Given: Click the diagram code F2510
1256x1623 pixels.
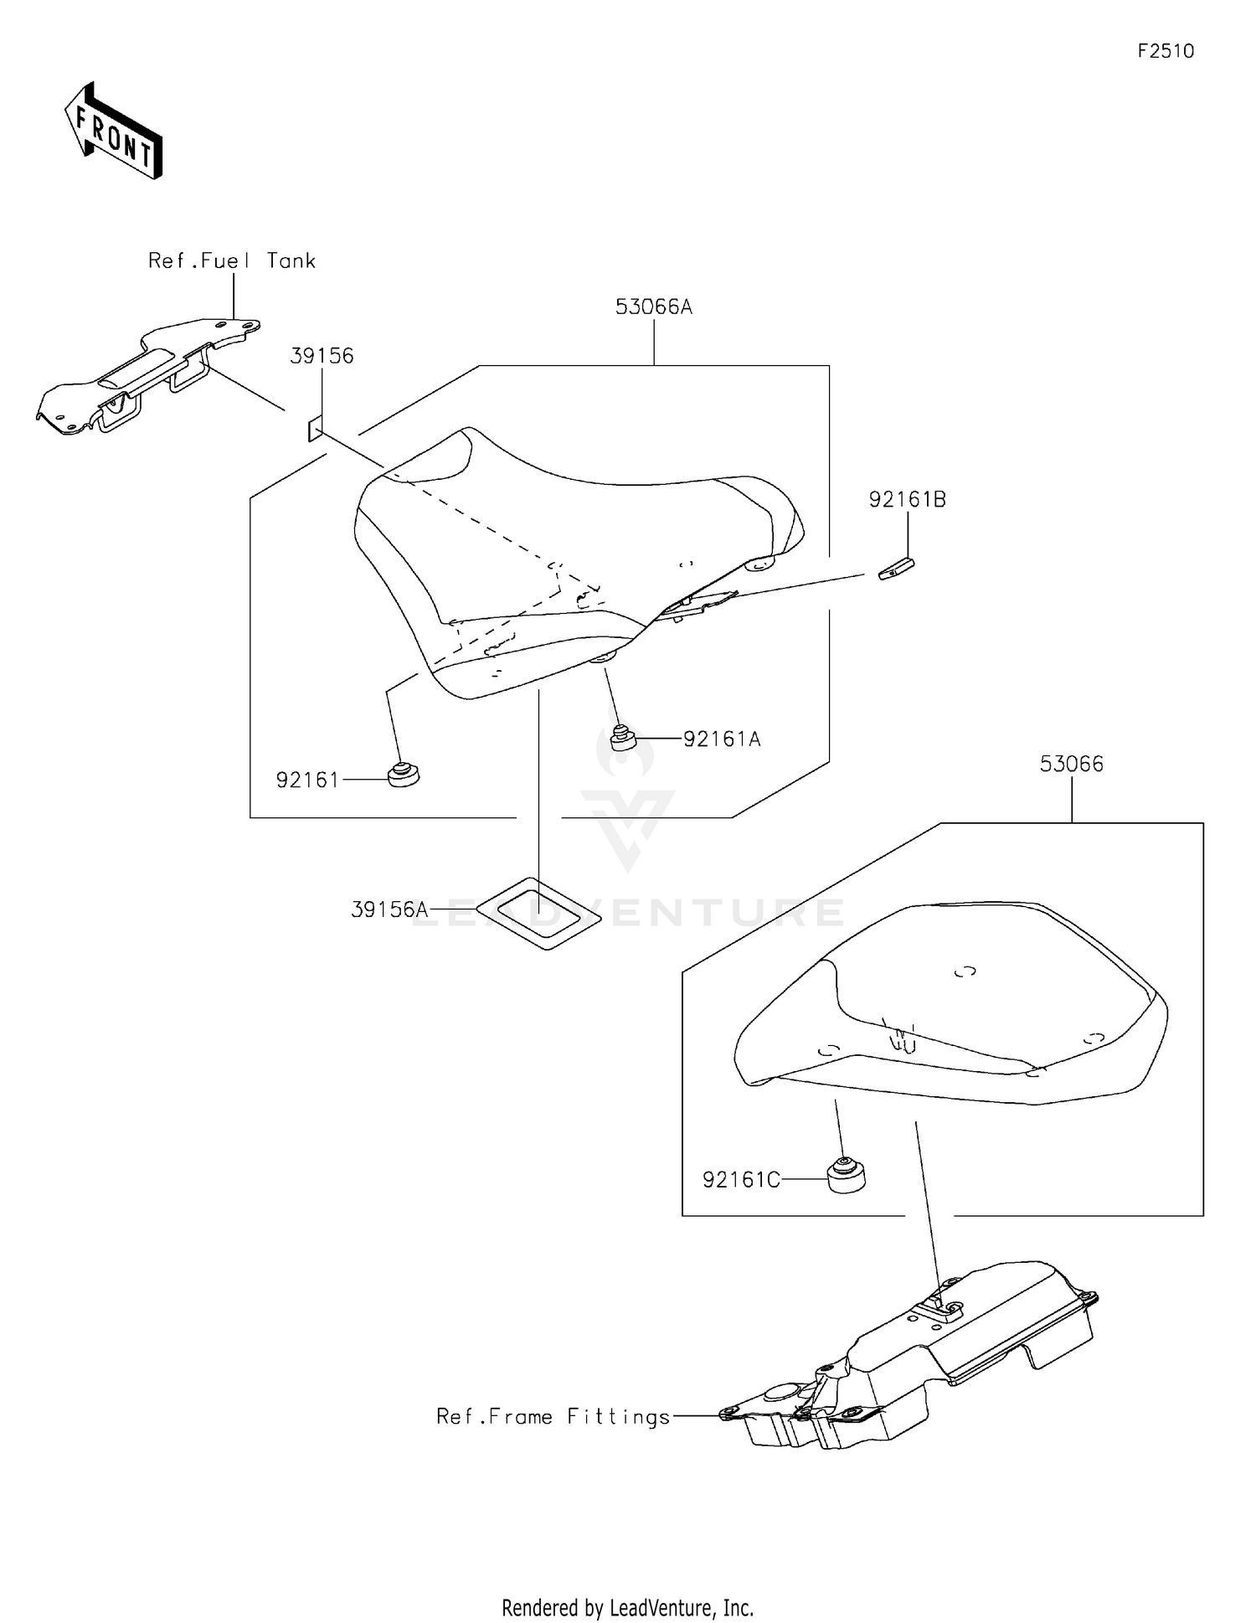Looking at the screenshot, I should click(1165, 51).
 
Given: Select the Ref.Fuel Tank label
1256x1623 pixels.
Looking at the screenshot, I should click(231, 260).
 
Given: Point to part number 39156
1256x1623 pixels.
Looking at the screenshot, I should click(322, 356).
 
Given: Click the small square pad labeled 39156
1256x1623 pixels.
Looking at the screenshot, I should click(313, 430).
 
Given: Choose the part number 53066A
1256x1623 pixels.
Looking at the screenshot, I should click(653, 307).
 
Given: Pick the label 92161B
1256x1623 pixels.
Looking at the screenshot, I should click(907, 500).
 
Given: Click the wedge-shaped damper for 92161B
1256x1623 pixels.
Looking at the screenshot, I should click(896, 569).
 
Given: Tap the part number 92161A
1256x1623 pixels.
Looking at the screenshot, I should click(722, 739).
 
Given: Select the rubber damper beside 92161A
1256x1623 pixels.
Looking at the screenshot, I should click(620, 739).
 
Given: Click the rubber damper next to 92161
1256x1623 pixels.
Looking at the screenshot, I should click(404, 775).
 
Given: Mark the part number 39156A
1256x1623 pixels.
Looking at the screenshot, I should click(389, 909).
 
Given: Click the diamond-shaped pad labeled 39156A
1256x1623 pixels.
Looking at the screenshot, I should click(539, 913).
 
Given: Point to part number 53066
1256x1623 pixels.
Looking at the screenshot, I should click(1071, 764).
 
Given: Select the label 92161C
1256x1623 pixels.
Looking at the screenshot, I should click(741, 1180).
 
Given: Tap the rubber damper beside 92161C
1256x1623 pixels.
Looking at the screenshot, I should click(846, 1175).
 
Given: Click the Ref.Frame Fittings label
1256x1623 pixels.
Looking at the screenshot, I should click(553, 1417).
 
